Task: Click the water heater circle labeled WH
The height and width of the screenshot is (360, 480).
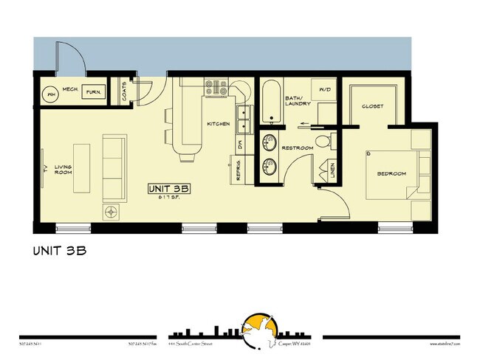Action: [x=52, y=94]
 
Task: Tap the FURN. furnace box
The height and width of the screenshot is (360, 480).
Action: [x=93, y=93]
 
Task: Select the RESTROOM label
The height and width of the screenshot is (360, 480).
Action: [x=298, y=149]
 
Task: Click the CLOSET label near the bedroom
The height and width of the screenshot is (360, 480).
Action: [x=372, y=107]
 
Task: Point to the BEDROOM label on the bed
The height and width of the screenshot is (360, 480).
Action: [x=391, y=173]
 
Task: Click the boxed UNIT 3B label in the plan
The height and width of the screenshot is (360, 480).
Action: [x=170, y=189]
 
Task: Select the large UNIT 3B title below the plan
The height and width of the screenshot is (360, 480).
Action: [x=61, y=250]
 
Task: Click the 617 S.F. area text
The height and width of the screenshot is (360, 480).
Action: [x=170, y=198]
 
